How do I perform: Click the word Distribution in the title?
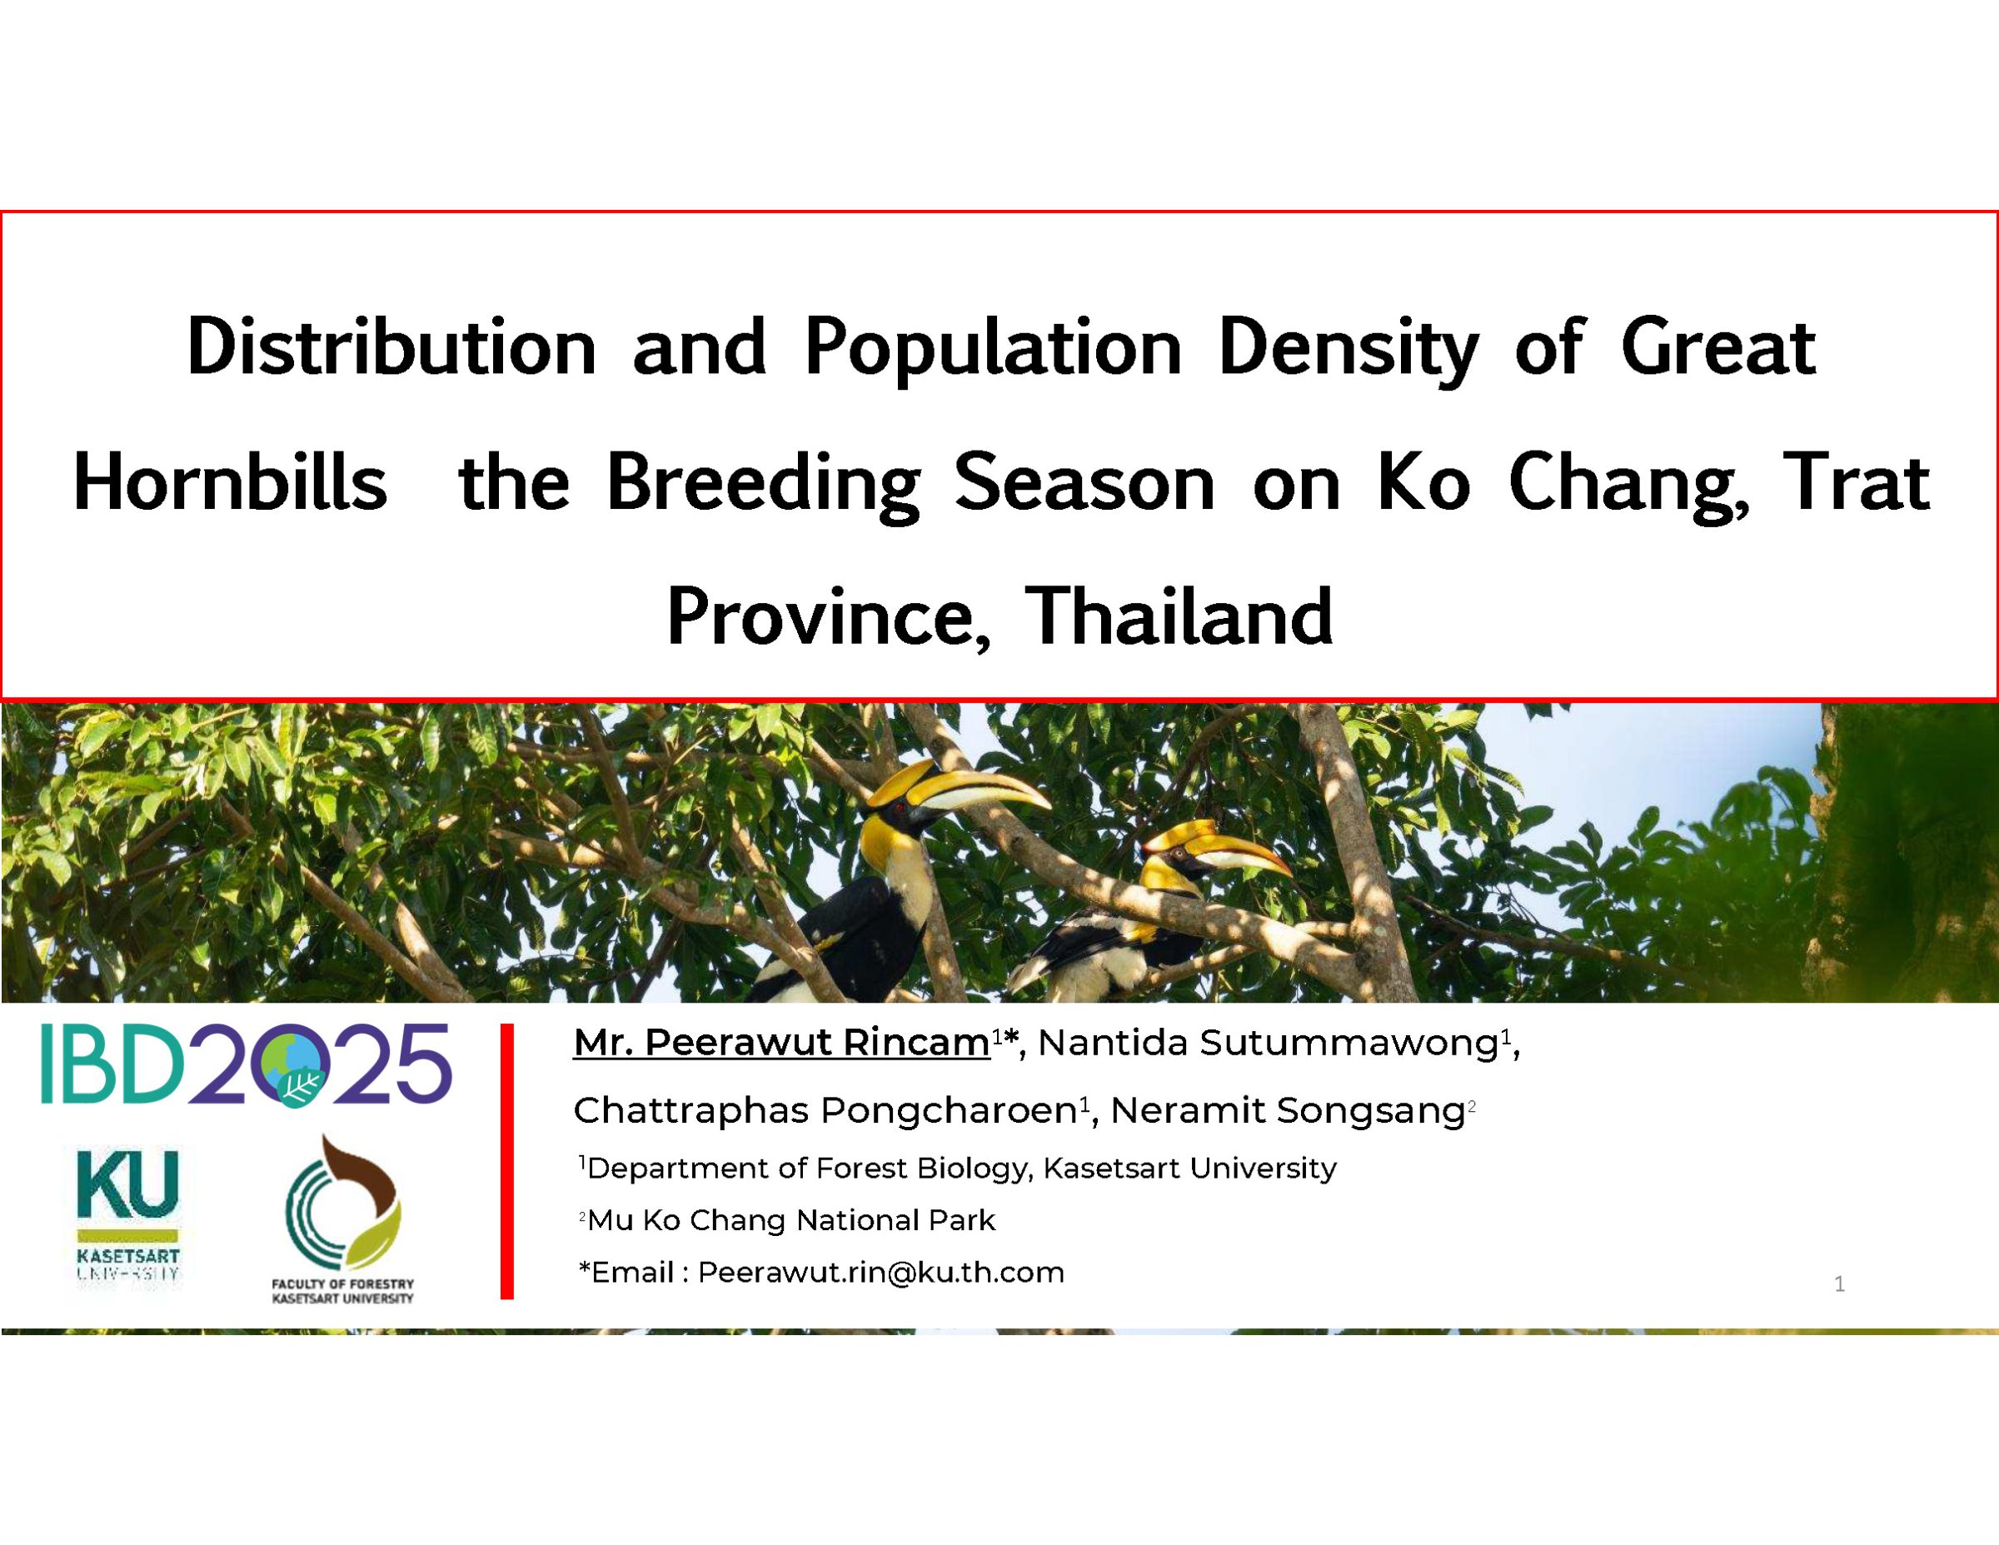click(391, 348)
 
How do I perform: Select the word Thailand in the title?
click(1178, 617)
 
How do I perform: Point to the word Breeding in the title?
click(762, 485)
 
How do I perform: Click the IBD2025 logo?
click(247, 1064)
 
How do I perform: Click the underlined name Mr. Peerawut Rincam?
click(780, 1043)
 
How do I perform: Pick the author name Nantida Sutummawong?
click(1267, 1044)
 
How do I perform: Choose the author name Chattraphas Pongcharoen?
click(825, 1110)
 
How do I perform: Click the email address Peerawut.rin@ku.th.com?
click(880, 1273)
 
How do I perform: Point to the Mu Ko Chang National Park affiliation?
click(790, 1220)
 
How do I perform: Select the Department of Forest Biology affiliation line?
click(961, 1168)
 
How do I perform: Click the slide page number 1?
click(1840, 1284)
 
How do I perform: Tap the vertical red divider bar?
click(507, 1162)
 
